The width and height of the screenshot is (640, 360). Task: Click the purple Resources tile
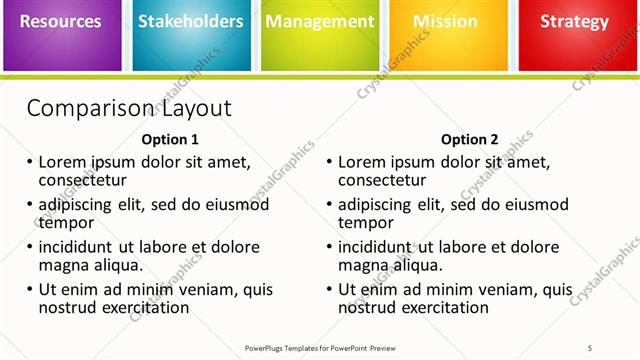pyautogui.click(x=62, y=34)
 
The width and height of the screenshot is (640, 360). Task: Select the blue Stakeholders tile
pyautogui.click(x=191, y=34)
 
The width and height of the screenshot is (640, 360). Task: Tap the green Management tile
pyautogui.click(x=320, y=34)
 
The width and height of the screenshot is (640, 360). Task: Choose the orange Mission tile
pyautogui.click(x=445, y=34)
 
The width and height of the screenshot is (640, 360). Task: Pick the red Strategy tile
pyautogui.click(x=574, y=34)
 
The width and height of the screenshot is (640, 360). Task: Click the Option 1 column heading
pyautogui.click(x=170, y=140)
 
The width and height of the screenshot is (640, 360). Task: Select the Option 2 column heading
pyautogui.click(x=469, y=140)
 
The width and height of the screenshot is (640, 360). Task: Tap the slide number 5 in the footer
pyautogui.click(x=590, y=347)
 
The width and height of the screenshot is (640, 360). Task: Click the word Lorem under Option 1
pyautogui.click(x=63, y=162)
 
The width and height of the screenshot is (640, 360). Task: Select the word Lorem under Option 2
pyautogui.click(x=362, y=162)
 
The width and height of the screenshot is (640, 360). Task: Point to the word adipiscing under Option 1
pyautogui.click(x=80, y=205)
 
